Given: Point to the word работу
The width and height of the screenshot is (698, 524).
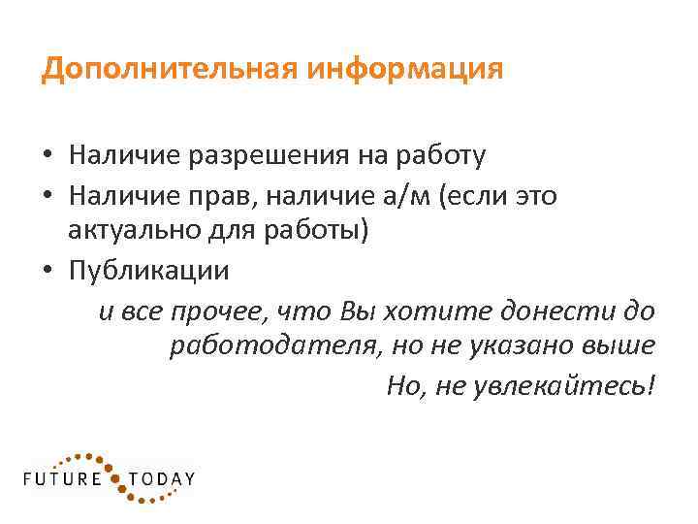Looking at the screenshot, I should [x=445, y=155].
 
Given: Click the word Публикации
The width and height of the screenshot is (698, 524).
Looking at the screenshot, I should [x=149, y=272].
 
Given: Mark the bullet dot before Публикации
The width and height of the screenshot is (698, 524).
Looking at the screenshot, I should [x=47, y=272].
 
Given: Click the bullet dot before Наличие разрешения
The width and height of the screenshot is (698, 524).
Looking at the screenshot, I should [x=47, y=155].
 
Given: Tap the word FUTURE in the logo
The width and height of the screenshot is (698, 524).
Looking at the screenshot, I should [x=62, y=478].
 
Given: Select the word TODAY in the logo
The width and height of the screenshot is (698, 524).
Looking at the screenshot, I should [x=163, y=478].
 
